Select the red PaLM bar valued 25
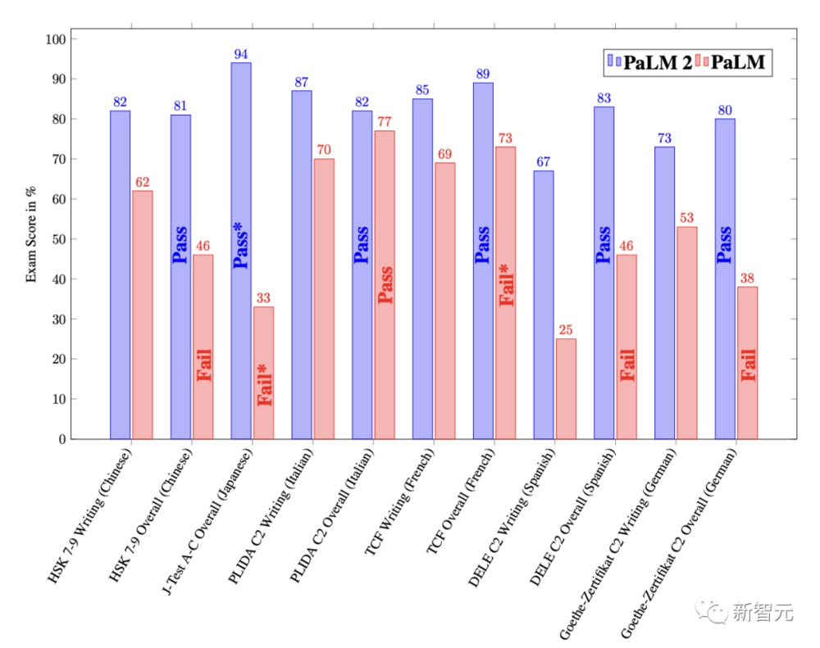[x=566, y=388]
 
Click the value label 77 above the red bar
[x=385, y=122]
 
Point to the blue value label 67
[x=544, y=161]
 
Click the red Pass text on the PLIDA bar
[x=385, y=285]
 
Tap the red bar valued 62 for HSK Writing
[x=143, y=315]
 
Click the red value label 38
[x=747, y=278]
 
